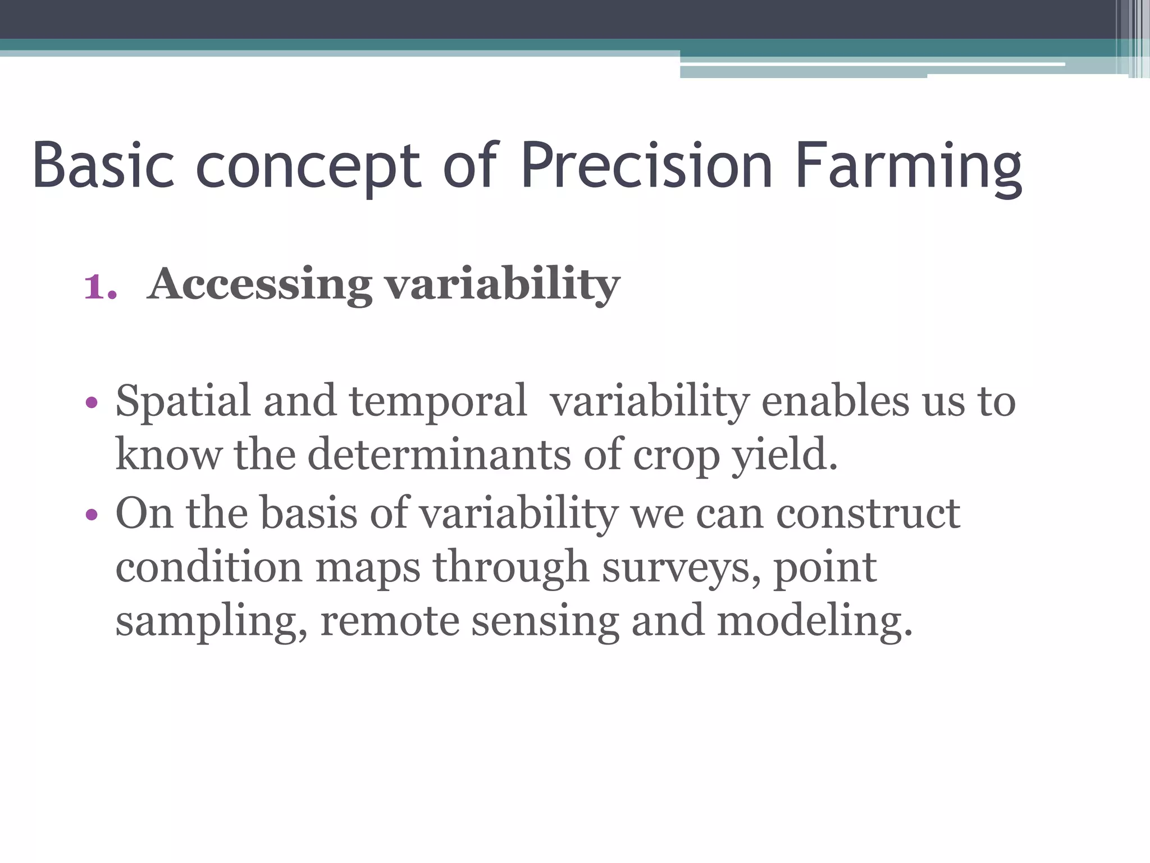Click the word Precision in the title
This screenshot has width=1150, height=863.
[646, 165]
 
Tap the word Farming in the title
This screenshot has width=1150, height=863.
[908, 166]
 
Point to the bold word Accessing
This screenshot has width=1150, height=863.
[259, 284]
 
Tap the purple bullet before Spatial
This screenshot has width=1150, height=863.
[92, 403]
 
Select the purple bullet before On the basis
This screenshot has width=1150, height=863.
[92, 514]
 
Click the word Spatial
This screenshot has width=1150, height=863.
[182, 401]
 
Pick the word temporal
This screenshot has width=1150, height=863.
[437, 401]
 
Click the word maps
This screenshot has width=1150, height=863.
[368, 567]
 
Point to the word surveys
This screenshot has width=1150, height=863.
[679, 567]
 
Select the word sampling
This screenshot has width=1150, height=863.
[211, 621]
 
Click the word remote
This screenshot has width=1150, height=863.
[389, 620]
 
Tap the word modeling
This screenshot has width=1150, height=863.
[814, 620]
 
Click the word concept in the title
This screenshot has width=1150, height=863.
[308, 166]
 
